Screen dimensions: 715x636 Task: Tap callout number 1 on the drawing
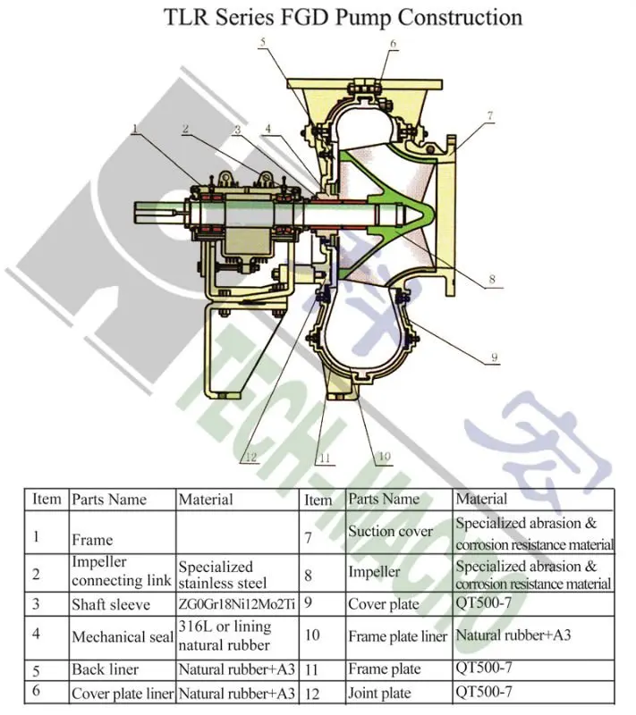[135, 130]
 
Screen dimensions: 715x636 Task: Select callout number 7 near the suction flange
[490, 115]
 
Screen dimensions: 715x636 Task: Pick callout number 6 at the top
[393, 44]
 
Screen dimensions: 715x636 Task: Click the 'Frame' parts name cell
[92, 540]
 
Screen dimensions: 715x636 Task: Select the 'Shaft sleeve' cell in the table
[108, 603]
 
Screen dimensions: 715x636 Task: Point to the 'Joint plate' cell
[379, 693]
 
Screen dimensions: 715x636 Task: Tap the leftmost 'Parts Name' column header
[109, 499]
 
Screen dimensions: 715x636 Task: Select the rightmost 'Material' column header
[481, 499]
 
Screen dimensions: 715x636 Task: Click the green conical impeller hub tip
[428, 215]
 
